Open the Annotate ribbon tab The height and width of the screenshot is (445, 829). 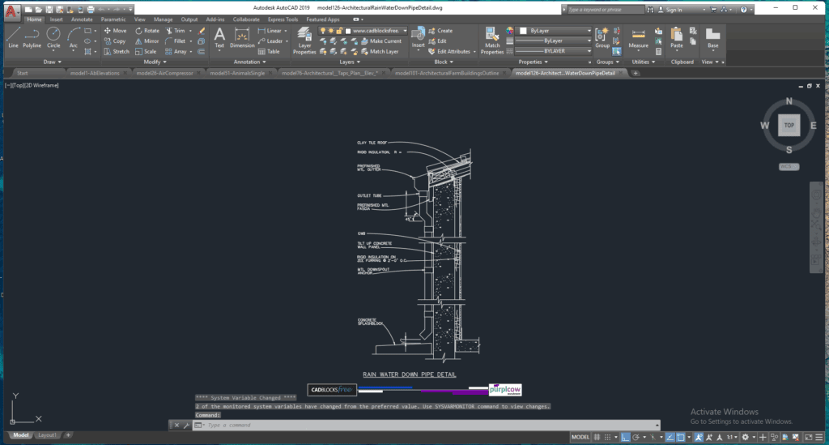pos(82,19)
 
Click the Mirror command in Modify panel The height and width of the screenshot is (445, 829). pos(147,41)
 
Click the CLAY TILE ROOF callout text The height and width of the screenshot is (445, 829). pos(374,143)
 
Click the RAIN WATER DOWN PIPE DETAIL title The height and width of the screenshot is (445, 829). pos(409,374)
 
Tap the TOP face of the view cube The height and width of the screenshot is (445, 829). pos(789,126)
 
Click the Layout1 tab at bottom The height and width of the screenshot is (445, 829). pos(48,435)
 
